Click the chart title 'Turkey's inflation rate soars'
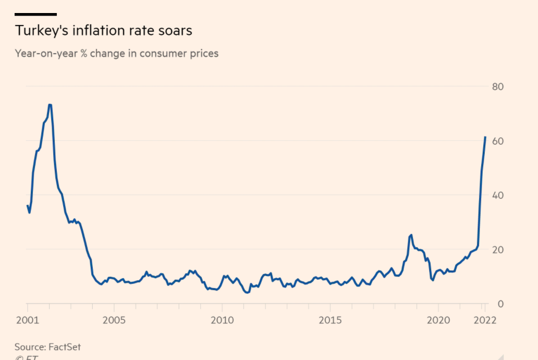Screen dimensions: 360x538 pyautogui.click(x=103, y=31)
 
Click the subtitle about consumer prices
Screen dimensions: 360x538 pyautogui.click(x=116, y=53)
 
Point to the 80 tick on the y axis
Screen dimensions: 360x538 pyautogui.click(x=497, y=86)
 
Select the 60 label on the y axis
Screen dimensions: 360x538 pyautogui.click(x=497, y=141)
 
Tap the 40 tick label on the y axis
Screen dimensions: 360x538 pyautogui.click(x=497, y=195)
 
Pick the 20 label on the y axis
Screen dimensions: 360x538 pyautogui.click(x=497, y=250)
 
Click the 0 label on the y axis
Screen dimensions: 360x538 pyautogui.click(x=500, y=304)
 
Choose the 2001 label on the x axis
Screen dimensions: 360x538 pyautogui.click(x=27, y=320)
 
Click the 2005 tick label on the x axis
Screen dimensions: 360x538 pyautogui.click(x=114, y=320)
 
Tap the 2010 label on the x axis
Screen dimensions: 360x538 pyautogui.click(x=222, y=320)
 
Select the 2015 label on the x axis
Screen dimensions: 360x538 pyautogui.click(x=330, y=320)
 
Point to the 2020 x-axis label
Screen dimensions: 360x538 pyautogui.click(x=438, y=320)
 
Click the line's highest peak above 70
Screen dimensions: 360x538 pyautogui.click(x=50, y=105)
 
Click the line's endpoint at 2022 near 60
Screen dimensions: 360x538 pyautogui.click(x=485, y=137)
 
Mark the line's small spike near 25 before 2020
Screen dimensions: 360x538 pyautogui.click(x=411, y=235)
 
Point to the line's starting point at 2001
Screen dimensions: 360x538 pyautogui.click(x=27, y=205)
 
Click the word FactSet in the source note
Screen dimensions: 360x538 pyautogui.click(x=65, y=346)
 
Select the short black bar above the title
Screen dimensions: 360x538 pyautogui.click(x=35, y=14)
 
